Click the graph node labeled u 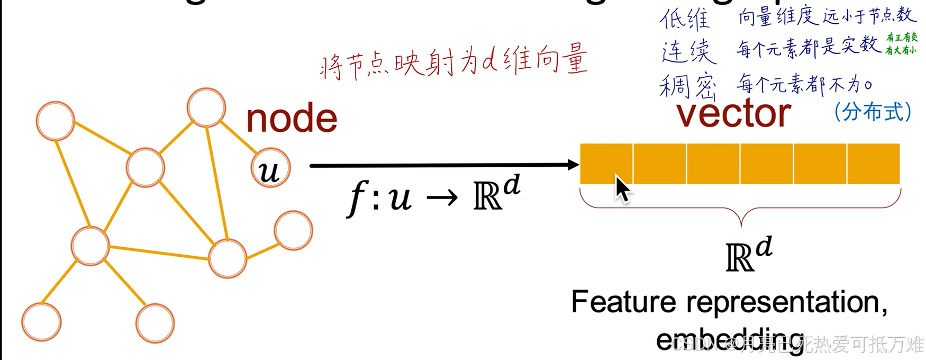click(x=270, y=168)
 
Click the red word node click(x=292, y=118)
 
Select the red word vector click(x=733, y=113)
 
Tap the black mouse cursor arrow click(x=622, y=189)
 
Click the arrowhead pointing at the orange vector click(x=573, y=165)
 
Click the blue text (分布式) click(x=873, y=112)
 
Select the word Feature click(x=623, y=302)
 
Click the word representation click(x=786, y=303)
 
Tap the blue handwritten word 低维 click(x=684, y=19)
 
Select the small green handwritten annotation click(x=902, y=43)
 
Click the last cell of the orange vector click(x=873, y=164)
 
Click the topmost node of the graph click(x=206, y=107)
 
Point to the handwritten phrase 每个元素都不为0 click(x=804, y=84)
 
